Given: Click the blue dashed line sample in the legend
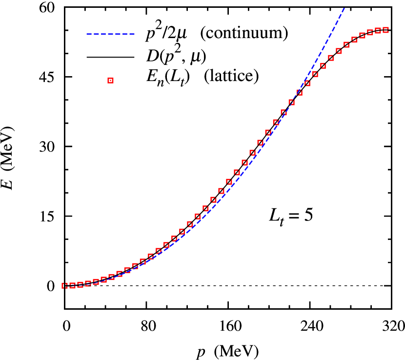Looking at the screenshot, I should click(x=110, y=34).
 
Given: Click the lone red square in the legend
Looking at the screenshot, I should click(x=110, y=80).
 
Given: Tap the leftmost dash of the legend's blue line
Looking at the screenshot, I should click(x=89, y=34).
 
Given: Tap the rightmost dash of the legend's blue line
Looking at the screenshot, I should click(x=132, y=34).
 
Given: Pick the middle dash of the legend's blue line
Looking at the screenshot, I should click(x=110, y=34).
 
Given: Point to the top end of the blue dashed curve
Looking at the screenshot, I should click(x=344, y=8).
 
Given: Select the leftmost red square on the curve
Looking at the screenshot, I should click(x=64, y=285).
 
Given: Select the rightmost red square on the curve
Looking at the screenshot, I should click(x=386, y=30).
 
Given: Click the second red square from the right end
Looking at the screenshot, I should click(x=378, y=31).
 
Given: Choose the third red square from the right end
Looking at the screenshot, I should click(x=370, y=32).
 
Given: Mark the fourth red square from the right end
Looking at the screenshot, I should click(x=363, y=35).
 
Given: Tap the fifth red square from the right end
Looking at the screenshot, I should click(x=355, y=40).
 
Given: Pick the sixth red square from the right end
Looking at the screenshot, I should click(x=346, y=44).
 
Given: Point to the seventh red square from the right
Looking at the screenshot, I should click(x=339, y=51).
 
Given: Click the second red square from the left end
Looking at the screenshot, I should click(x=72, y=285).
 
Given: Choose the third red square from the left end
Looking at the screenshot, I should click(x=80, y=284).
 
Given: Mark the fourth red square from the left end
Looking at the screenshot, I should click(x=88, y=283).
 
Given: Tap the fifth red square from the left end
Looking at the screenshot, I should click(x=96, y=281).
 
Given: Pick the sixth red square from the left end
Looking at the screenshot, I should click(x=103, y=280).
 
